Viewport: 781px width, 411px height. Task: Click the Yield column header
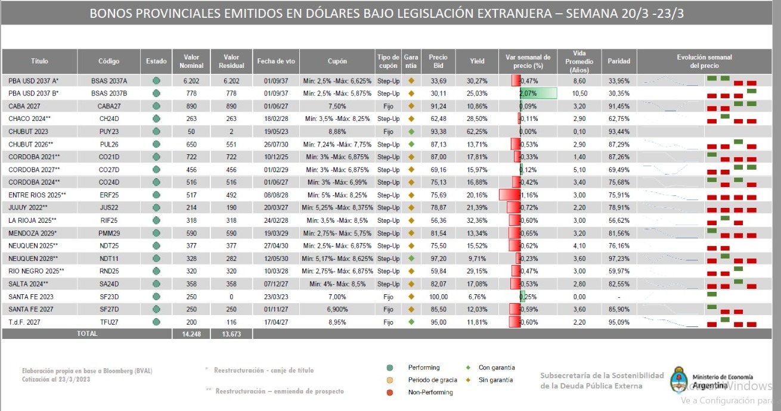[x=477, y=61]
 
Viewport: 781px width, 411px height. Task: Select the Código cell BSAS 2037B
[x=109, y=93]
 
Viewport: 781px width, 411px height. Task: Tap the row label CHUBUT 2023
[x=29, y=131]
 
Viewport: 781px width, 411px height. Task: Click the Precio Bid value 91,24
[x=438, y=106]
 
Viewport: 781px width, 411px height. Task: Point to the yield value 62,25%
[x=477, y=131]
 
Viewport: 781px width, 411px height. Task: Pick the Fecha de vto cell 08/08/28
[x=276, y=195]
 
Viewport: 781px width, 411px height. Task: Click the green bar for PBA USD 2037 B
[x=538, y=93]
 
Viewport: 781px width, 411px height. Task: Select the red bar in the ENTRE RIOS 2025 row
[x=509, y=195]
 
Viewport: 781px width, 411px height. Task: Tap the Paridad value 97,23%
[x=618, y=259]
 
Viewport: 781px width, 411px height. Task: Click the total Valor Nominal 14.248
[x=191, y=334]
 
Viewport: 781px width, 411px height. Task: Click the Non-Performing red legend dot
[x=389, y=392]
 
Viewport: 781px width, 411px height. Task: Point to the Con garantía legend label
[x=497, y=368]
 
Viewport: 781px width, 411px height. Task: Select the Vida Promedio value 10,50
[x=579, y=93]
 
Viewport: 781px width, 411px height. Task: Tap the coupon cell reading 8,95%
[x=337, y=322]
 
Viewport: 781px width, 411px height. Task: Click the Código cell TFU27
[x=109, y=322]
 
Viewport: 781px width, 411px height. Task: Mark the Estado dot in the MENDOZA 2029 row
[x=156, y=233]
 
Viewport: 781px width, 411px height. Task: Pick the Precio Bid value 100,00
[x=438, y=297]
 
